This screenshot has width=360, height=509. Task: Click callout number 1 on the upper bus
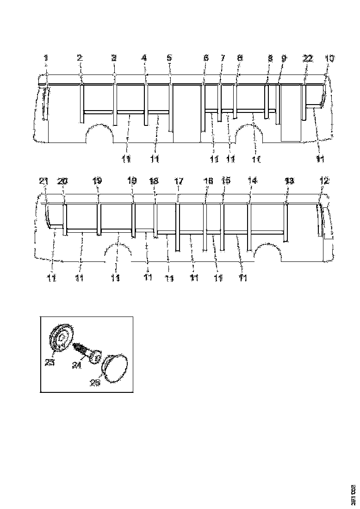(46, 58)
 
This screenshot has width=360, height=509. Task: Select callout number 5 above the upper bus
(169, 58)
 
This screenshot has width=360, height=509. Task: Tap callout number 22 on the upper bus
(308, 58)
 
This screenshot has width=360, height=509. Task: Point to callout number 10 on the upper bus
(329, 58)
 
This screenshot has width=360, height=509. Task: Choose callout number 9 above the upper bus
(284, 58)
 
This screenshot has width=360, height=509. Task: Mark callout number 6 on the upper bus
(205, 58)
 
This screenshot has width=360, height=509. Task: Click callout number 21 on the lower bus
(43, 181)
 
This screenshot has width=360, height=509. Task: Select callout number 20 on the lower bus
(62, 181)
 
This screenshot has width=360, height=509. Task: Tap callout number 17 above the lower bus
(179, 181)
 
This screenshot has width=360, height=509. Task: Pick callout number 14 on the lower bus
(252, 181)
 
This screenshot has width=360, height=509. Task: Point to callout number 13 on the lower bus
(289, 181)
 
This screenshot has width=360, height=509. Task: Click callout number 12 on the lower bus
(324, 181)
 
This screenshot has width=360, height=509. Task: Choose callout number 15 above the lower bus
(225, 181)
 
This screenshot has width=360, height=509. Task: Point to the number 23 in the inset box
(50, 363)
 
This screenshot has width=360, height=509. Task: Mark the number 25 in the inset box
(95, 383)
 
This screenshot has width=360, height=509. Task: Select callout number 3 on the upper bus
(114, 58)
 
